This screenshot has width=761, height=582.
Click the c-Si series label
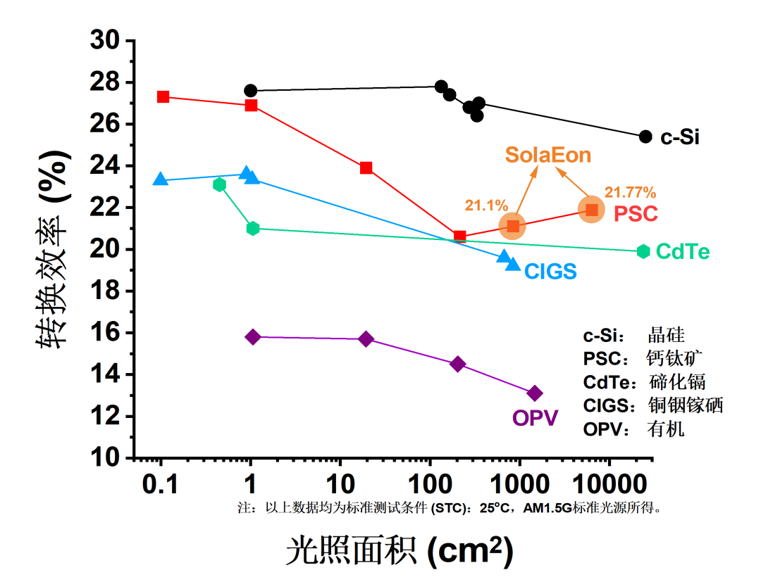tap(679, 137)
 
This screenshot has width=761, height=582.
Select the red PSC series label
tap(636, 213)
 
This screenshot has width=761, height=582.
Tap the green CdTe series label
tap(682, 252)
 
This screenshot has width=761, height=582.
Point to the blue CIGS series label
tap(550, 272)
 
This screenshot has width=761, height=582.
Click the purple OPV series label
tap(536, 418)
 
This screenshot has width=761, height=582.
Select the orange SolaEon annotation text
tap(547, 155)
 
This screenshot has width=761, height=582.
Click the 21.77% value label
tap(630, 192)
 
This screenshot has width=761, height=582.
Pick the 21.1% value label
tap(486, 205)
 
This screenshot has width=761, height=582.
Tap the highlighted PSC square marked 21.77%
tap(592, 210)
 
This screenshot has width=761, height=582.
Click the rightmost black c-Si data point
tap(645, 137)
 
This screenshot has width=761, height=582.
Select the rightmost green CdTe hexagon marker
tap(643, 251)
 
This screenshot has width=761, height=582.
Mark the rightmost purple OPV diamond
tap(535, 393)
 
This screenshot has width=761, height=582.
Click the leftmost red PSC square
tap(163, 96)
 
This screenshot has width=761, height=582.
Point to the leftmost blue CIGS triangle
tap(161, 180)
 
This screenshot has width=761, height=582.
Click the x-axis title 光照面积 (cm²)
tap(400, 550)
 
